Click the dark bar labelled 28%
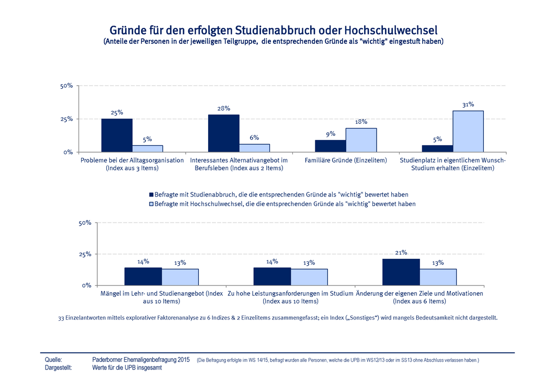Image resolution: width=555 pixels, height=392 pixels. click(223, 133)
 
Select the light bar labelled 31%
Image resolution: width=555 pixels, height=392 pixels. click(468, 131)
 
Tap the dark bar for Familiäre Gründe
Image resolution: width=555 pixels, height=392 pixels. click(330, 146)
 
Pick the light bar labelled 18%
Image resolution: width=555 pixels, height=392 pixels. click(361, 140)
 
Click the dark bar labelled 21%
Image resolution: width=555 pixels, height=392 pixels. click(401, 272)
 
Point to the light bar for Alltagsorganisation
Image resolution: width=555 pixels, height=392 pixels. click(148, 148)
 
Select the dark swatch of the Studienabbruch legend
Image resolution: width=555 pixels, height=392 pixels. click(151, 194)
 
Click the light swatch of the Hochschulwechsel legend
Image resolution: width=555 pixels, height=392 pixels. click(151, 204)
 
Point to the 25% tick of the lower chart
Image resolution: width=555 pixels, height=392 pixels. click(85, 254)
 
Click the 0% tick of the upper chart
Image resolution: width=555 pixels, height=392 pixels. click(68, 152)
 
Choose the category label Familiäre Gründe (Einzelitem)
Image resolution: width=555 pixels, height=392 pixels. click(346, 160)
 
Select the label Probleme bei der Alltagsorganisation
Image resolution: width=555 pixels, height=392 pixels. click(132, 160)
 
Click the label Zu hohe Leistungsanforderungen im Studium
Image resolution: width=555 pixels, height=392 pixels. click(290, 293)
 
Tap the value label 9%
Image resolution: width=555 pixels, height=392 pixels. click(330, 134)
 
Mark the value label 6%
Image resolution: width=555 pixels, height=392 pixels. click(254, 137)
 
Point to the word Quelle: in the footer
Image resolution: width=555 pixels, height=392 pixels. click(54, 360)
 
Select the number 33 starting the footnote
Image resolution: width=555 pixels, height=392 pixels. click(61, 317)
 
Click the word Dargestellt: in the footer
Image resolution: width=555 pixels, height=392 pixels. click(59, 367)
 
